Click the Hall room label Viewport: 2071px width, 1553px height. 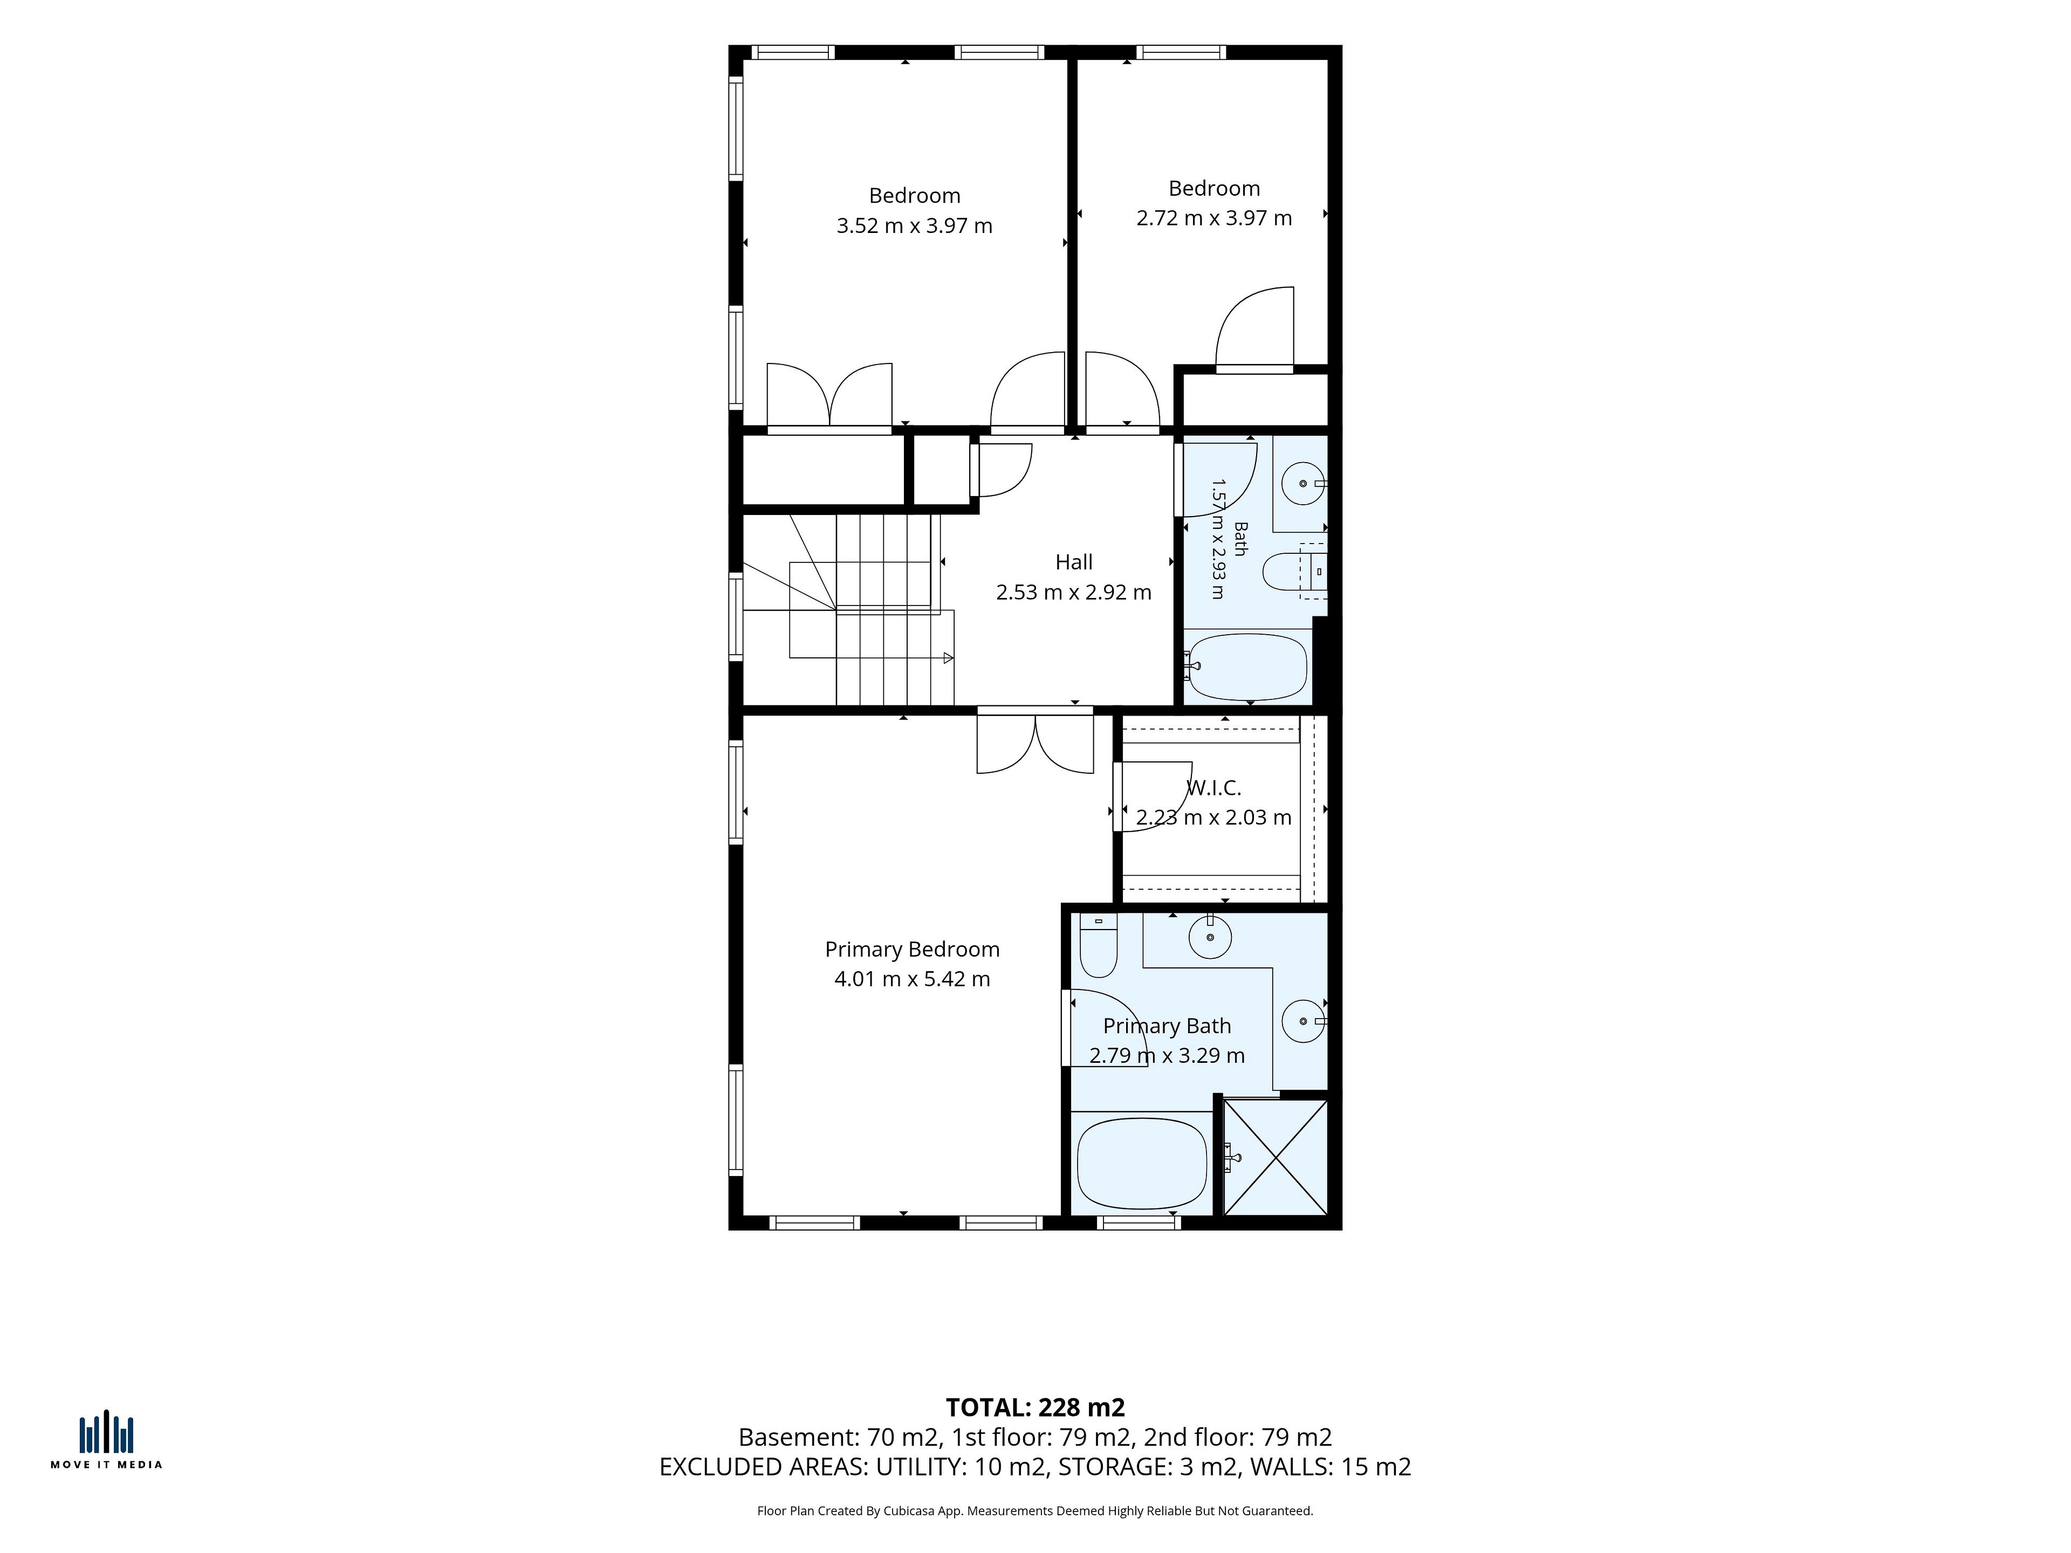point(1074,562)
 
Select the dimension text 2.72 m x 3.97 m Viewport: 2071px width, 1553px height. point(1215,218)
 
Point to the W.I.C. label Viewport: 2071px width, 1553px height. point(1215,788)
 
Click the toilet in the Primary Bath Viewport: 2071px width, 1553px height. point(1098,945)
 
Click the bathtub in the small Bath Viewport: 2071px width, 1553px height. point(1246,668)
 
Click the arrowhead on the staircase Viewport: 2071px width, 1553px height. point(949,658)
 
